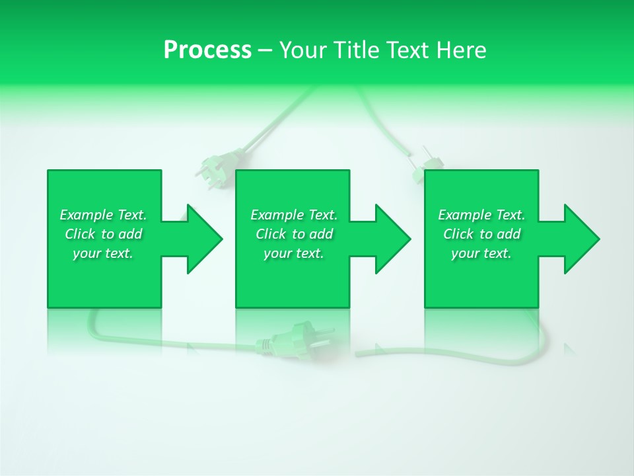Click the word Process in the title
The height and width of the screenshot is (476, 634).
[x=207, y=50]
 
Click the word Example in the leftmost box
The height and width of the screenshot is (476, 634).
[x=87, y=215]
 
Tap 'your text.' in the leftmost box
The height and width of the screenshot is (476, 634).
[x=103, y=253]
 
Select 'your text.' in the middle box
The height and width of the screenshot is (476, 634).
[x=294, y=253]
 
